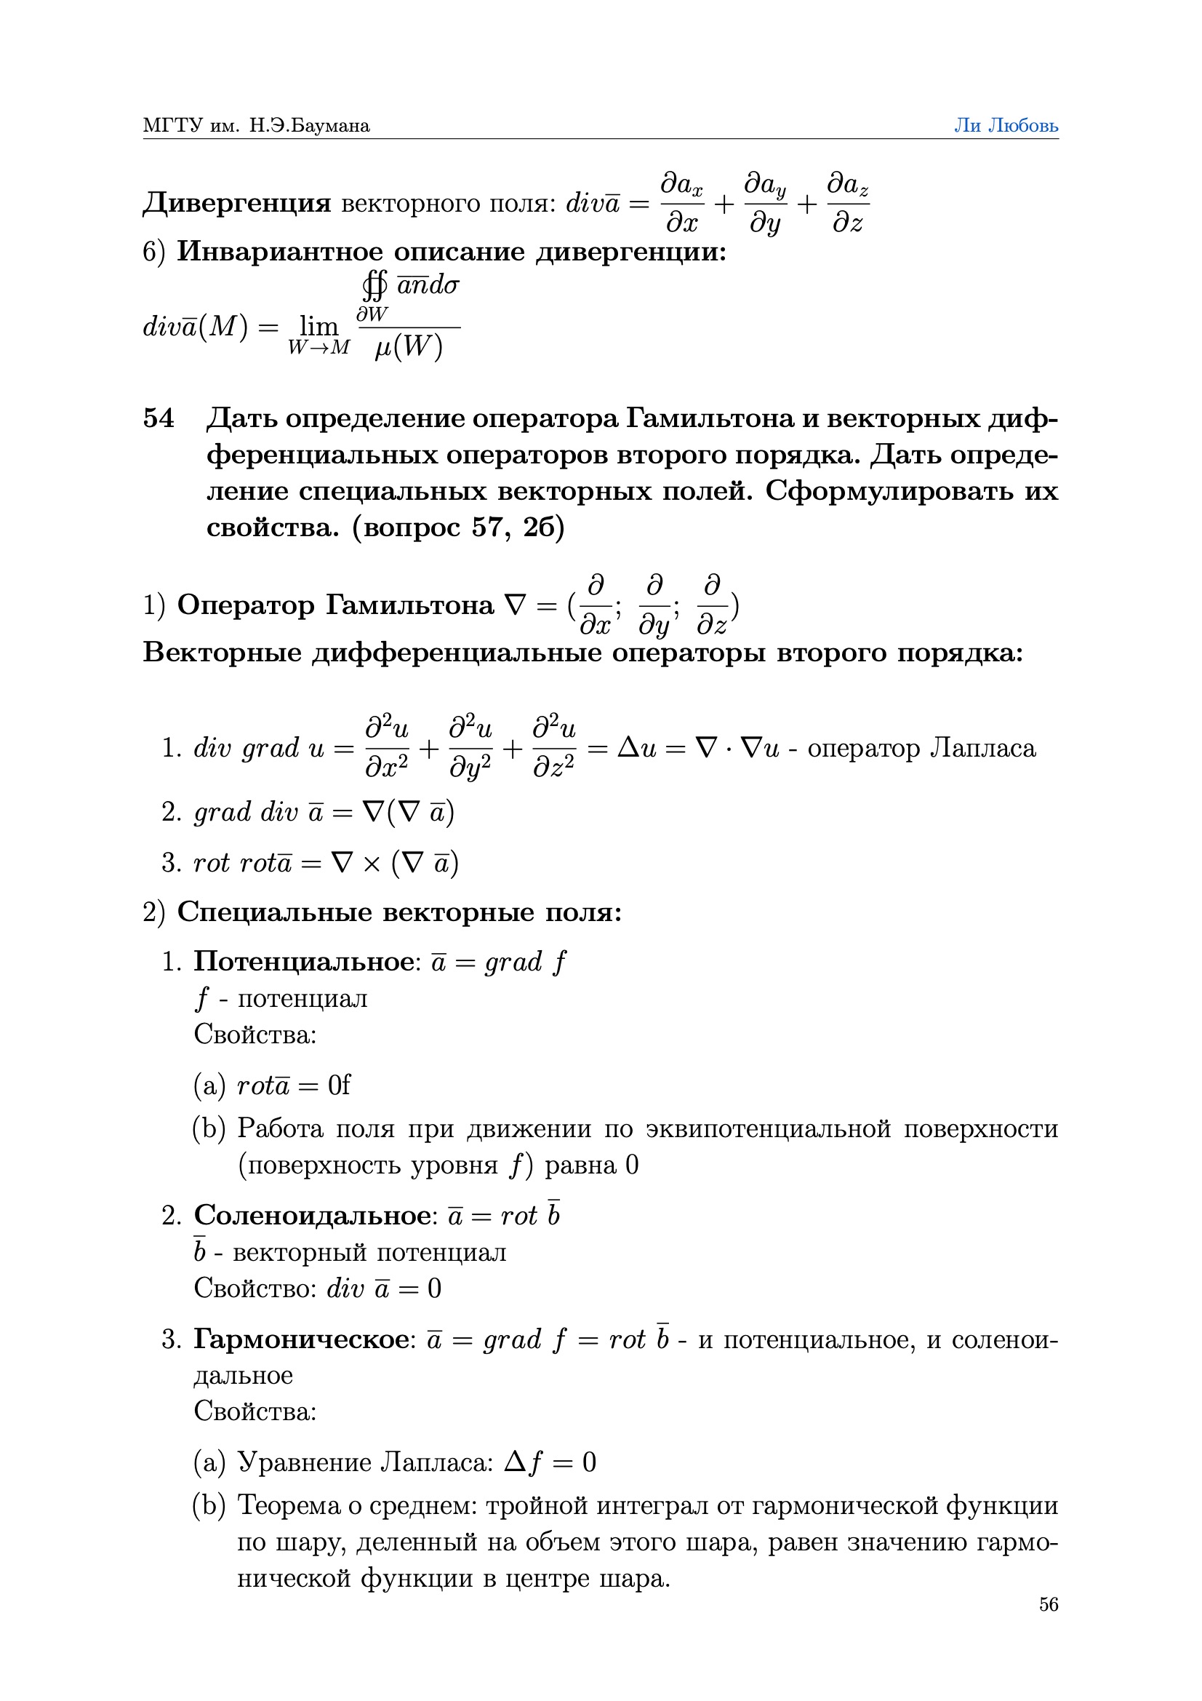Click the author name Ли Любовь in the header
point(1005,125)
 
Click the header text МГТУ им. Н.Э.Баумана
point(256,125)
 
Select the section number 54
point(159,418)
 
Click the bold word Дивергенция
point(237,202)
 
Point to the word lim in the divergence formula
point(318,325)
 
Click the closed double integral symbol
point(374,285)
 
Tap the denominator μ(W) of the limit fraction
point(408,347)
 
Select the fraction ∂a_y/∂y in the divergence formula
point(765,202)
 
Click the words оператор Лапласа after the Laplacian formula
point(921,747)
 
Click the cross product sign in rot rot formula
point(372,863)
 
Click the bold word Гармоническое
point(302,1339)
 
